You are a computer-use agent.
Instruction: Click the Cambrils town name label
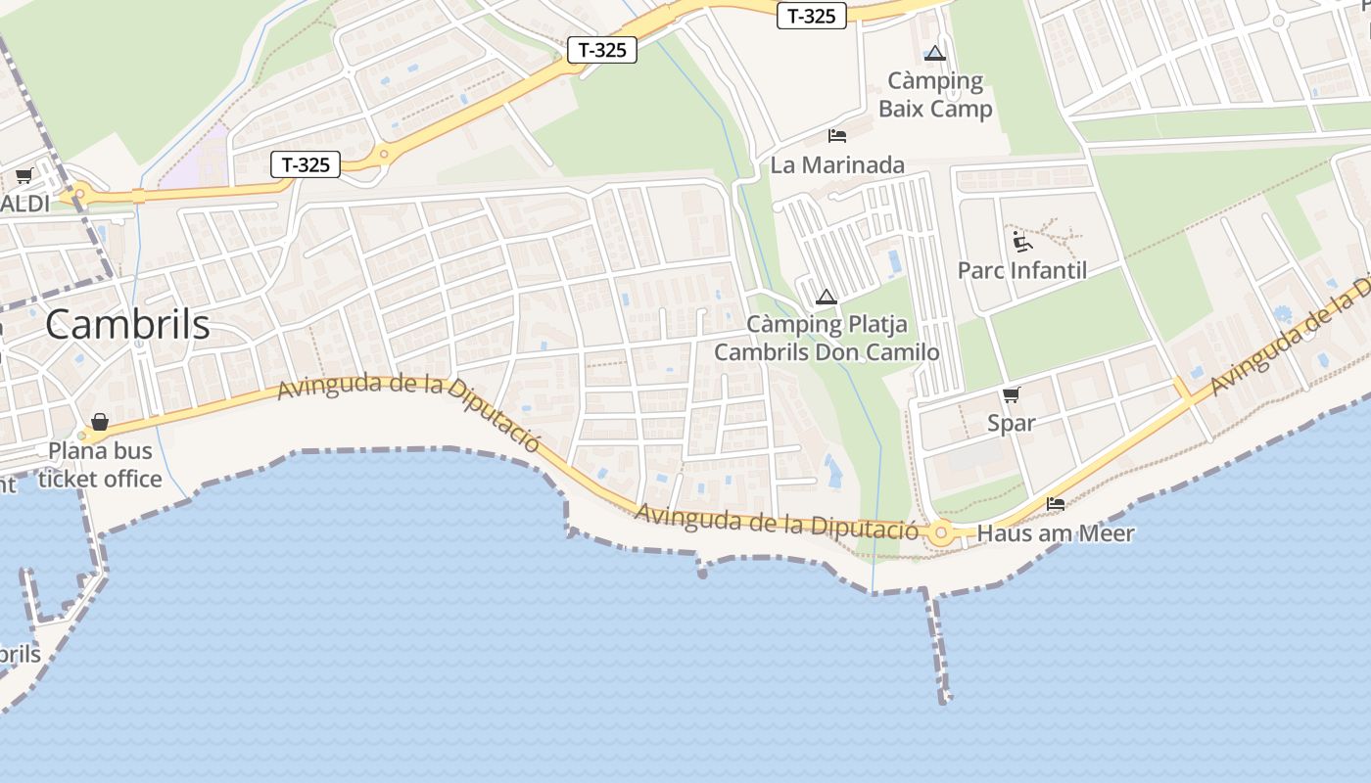pyautogui.click(x=127, y=325)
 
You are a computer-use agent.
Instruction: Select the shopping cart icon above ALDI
pyautogui.click(x=24, y=176)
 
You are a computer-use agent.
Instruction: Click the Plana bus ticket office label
pyautogui.click(x=100, y=465)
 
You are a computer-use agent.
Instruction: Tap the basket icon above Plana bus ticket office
pyautogui.click(x=99, y=423)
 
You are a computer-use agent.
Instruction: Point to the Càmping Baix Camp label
pyautogui.click(x=935, y=94)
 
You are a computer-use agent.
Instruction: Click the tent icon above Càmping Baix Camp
pyautogui.click(x=935, y=53)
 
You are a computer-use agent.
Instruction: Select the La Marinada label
pyautogui.click(x=837, y=164)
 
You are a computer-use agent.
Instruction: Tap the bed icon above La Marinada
pyautogui.click(x=837, y=135)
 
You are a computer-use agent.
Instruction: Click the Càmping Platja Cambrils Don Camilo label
pyautogui.click(x=827, y=338)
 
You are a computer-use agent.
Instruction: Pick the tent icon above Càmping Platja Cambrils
pyautogui.click(x=827, y=297)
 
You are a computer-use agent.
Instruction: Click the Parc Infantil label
pyautogui.click(x=1022, y=270)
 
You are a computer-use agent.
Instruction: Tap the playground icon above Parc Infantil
pyautogui.click(x=1022, y=240)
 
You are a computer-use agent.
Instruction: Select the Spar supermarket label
pyautogui.click(x=1012, y=424)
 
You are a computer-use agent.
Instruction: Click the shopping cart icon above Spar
pyautogui.click(x=1012, y=394)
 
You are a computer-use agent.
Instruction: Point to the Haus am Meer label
pyautogui.click(x=1056, y=533)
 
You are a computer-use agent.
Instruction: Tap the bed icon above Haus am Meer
pyautogui.click(x=1056, y=504)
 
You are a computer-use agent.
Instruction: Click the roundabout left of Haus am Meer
pyautogui.click(x=941, y=533)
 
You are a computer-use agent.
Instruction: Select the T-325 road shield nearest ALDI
pyautogui.click(x=306, y=164)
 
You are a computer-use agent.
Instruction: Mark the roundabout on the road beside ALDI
pyautogui.click(x=79, y=195)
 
